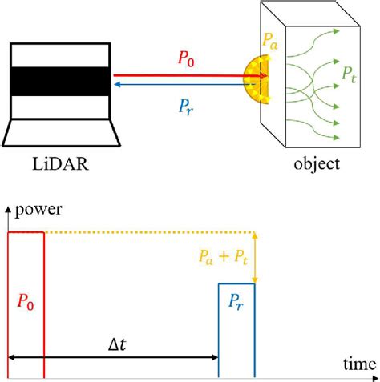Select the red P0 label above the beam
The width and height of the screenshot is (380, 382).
point(187,61)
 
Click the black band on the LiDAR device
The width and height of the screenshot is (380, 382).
point(62,82)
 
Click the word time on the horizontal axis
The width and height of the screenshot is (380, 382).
point(359,364)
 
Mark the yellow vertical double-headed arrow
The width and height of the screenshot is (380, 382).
point(255,257)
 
